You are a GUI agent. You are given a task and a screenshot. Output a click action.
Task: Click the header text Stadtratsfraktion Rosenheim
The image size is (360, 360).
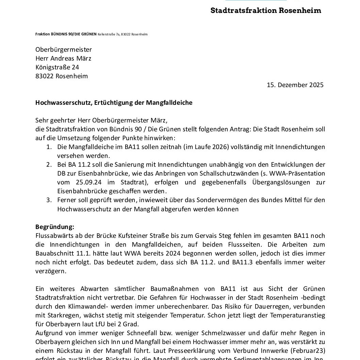(x=266, y=10)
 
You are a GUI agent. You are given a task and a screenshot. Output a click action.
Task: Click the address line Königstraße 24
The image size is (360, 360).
(x=57, y=67)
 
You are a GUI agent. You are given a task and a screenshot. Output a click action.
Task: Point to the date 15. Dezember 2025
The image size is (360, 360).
(x=295, y=85)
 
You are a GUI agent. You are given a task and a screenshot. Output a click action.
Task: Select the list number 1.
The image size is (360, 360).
(x=49, y=147)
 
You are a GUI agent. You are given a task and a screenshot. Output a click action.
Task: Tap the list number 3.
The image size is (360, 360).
(x=49, y=200)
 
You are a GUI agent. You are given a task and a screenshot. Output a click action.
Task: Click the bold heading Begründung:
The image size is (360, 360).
(x=55, y=227)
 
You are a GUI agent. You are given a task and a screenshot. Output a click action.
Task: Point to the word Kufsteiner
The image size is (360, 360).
(x=127, y=236)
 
